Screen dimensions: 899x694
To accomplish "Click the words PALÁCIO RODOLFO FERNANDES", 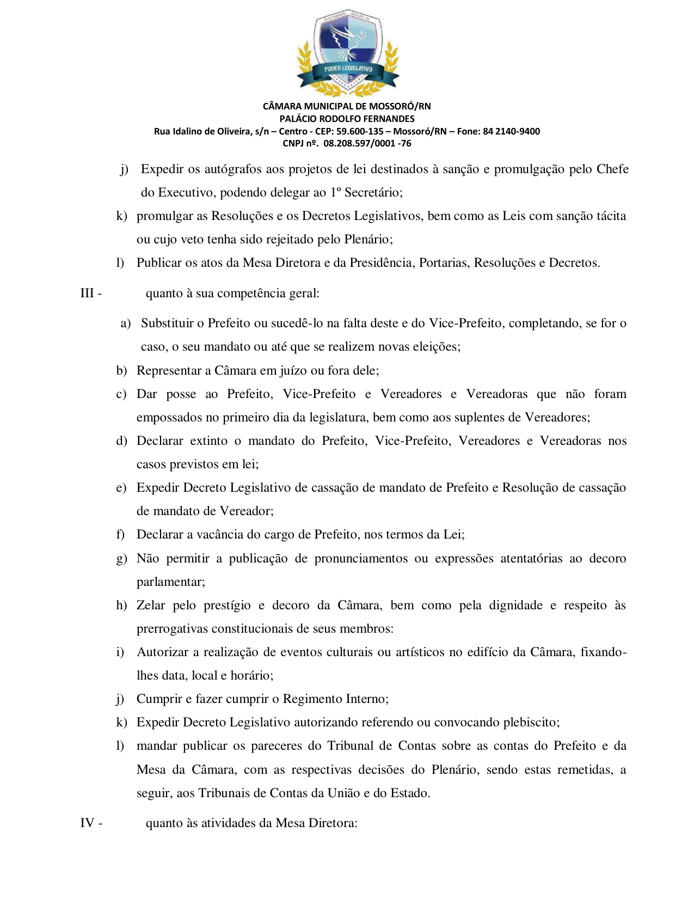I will pyautogui.click(x=347, y=119).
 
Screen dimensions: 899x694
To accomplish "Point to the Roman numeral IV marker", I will pyautogui.click(x=88, y=822).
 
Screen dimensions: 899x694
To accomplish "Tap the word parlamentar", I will pyautogui.click(x=170, y=582).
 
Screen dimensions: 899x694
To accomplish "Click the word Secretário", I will pyautogui.click(x=373, y=192).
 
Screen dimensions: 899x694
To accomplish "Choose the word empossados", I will pyautogui.click(x=169, y=417).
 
